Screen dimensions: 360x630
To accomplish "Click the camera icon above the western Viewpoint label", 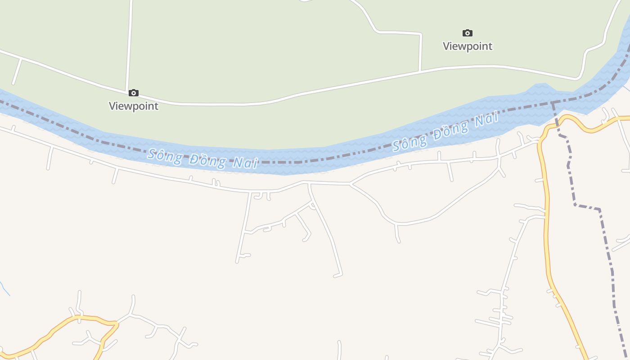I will pos(134,93).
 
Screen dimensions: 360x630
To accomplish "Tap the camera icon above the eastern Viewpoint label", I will pos(468,33).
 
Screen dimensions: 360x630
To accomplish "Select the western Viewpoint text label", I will pos(134,106).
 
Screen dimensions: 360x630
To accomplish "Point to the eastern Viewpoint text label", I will pos(468,46).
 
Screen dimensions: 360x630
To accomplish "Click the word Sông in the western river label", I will pos(164,155).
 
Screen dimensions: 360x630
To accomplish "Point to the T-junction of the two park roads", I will pos(420,71).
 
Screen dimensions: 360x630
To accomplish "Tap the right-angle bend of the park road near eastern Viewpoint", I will pos(420,34).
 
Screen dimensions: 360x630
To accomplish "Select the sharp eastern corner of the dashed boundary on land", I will pos(599,209).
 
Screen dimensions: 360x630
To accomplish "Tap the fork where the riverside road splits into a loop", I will pos(351,184).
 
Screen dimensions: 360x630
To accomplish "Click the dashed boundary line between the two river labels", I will pos(315,161).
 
